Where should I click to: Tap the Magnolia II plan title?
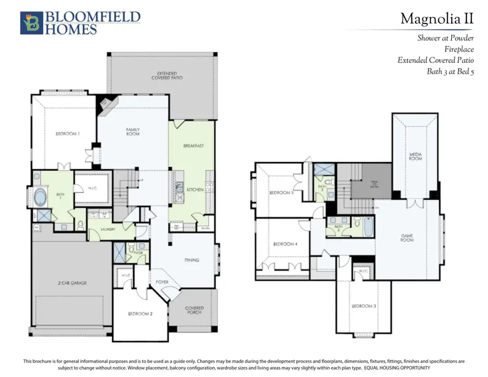tap(436, 20)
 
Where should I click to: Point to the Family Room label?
tap(133, 131)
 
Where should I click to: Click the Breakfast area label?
tap(193, 146)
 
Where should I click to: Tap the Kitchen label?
tap(195, 190)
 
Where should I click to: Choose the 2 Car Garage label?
tap(73, 283)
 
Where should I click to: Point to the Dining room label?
tap(191, 260)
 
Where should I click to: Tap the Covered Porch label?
tap(194, 310)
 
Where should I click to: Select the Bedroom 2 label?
tap(141, 314)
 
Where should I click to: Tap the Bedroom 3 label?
tap(364, 306)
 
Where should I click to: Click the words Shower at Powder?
tap(445, 39)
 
